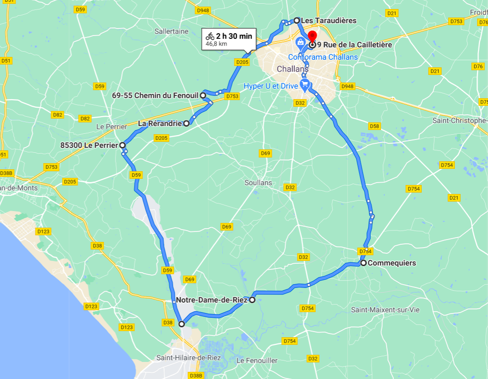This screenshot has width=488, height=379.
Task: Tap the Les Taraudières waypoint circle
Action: (297, 20)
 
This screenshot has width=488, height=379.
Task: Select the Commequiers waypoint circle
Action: (363, 263)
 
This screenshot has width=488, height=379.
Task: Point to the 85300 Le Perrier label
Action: (89, 145)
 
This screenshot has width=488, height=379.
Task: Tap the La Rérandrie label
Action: (160, 123)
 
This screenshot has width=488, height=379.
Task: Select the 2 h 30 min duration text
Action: (234, 36)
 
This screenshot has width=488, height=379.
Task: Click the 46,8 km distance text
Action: (216, 44)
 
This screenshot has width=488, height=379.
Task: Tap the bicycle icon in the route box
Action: (210, 36)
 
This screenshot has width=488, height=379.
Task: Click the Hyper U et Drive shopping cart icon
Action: (305, 86)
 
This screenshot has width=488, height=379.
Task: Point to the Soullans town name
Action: (258, 182)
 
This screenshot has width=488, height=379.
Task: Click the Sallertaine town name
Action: (171, 31)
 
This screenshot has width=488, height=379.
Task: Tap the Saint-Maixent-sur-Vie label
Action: (385, 310)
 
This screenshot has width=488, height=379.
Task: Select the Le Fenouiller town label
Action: (257, 360)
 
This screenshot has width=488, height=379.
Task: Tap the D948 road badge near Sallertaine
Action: (203, 10)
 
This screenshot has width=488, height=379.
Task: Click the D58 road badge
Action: (374, 126)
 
